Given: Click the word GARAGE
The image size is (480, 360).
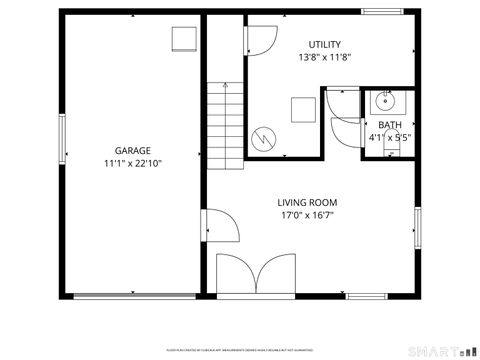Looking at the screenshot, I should tap(132, 150).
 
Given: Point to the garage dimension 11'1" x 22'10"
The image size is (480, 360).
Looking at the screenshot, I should tap(132, 163).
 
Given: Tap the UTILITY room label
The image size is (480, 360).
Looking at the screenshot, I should tap(324, 44).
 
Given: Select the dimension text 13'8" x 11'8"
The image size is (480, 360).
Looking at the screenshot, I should tap(324, 57).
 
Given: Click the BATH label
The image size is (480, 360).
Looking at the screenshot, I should tap(390, 125).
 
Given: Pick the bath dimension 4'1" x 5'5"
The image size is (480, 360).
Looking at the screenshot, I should tap(390, 137).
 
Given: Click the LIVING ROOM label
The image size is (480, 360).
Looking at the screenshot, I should tap(307, 202).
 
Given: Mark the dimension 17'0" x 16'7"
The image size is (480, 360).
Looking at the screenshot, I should tap(307, 214).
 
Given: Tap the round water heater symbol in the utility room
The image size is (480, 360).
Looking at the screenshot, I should tap(264, 138).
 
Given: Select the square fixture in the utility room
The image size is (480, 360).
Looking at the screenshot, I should tap(300, 109).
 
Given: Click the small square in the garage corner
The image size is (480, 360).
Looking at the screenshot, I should tap(184, 39).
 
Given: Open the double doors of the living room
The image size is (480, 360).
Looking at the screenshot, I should tap(257, 274).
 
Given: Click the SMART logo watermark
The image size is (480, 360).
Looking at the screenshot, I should tap(444, 351).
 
